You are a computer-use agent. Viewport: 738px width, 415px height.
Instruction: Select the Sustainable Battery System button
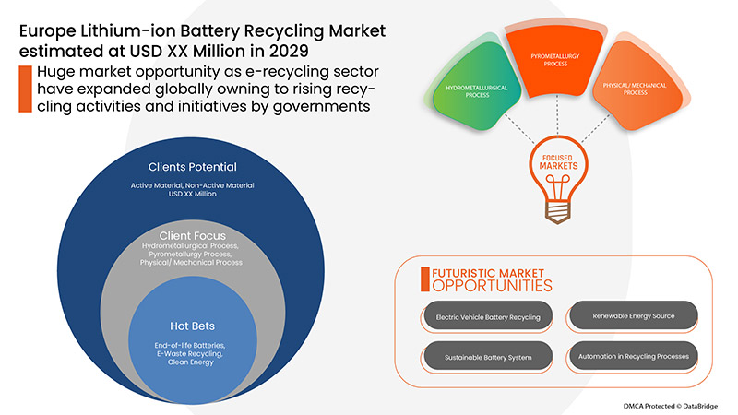tap(482, 356)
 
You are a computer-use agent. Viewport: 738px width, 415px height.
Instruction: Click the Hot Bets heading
tap(193, 326)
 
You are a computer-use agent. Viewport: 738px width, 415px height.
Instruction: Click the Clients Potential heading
tap(193, 167)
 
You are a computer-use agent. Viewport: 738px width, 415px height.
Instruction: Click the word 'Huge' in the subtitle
tap(56, 72)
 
